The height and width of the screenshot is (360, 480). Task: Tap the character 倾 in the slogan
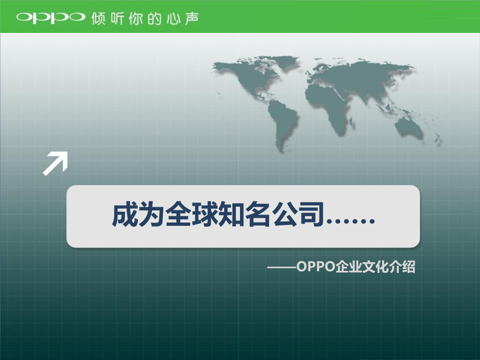(99, 18)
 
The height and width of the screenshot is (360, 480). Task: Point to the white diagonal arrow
(55, 163)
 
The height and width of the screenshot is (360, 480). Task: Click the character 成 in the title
(125, 215)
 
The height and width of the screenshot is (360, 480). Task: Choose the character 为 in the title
(152, 215)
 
